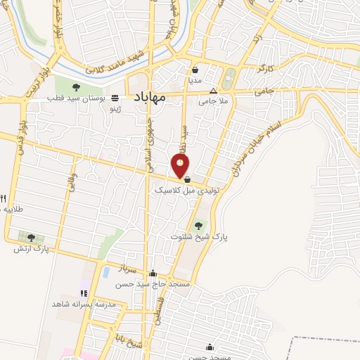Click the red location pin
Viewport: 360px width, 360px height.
coord(181,165)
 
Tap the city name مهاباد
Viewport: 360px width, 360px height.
coord(148,98)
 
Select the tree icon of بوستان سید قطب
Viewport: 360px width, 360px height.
coord(76,88)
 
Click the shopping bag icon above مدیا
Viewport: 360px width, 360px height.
coord(195,70)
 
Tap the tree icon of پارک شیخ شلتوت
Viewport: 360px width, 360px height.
coord(199,226)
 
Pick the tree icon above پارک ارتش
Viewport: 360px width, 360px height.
coord(31,238)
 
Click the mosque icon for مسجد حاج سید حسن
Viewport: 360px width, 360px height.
coord(153,273)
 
